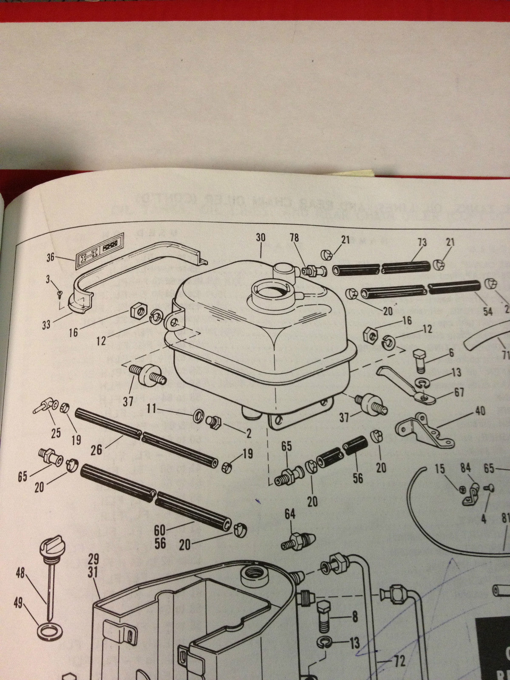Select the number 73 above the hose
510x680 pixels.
point(422,243)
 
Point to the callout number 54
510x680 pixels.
point(488,312)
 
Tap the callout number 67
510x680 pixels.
point(459,392)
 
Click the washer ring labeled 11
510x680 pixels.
point(198,415)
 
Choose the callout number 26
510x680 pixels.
point(96,449)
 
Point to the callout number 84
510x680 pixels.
point(466,468)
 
